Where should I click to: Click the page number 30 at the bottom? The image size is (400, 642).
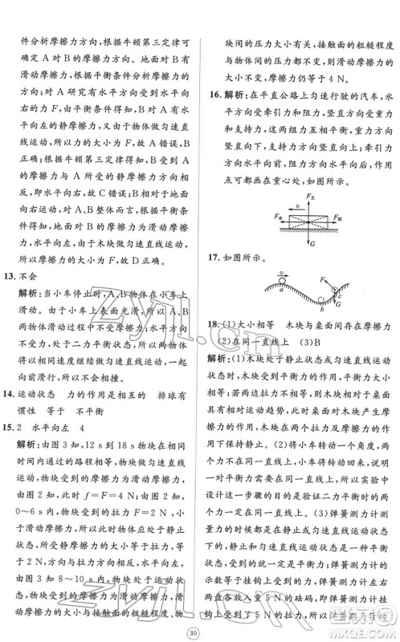tap(201, 625)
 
